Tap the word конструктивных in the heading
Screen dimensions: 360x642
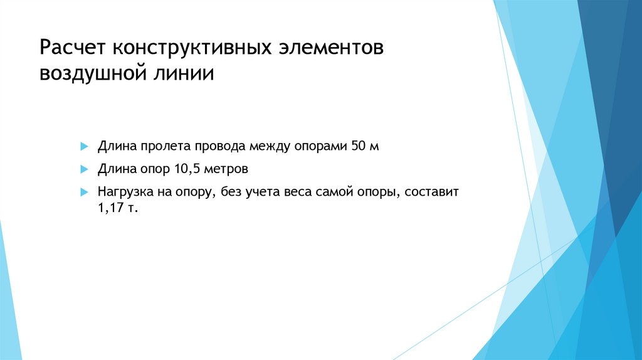192,49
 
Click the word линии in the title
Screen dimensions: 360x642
182,74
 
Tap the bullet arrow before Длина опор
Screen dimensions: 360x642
83,169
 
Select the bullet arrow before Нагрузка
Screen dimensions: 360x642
83,191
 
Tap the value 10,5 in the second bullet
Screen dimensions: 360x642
182,169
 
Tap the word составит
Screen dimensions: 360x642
432,191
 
